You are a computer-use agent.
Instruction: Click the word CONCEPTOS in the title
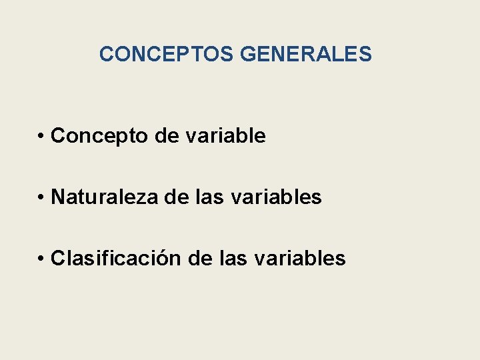167,54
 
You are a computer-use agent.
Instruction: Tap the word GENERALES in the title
305,54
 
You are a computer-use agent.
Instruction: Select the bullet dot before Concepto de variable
41,137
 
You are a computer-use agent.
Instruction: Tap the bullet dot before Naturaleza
41,198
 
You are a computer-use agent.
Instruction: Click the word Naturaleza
105,197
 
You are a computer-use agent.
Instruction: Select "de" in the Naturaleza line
177,197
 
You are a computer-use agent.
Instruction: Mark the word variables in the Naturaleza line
275,197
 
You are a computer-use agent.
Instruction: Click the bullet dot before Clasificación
41,259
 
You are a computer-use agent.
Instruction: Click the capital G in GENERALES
249,54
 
